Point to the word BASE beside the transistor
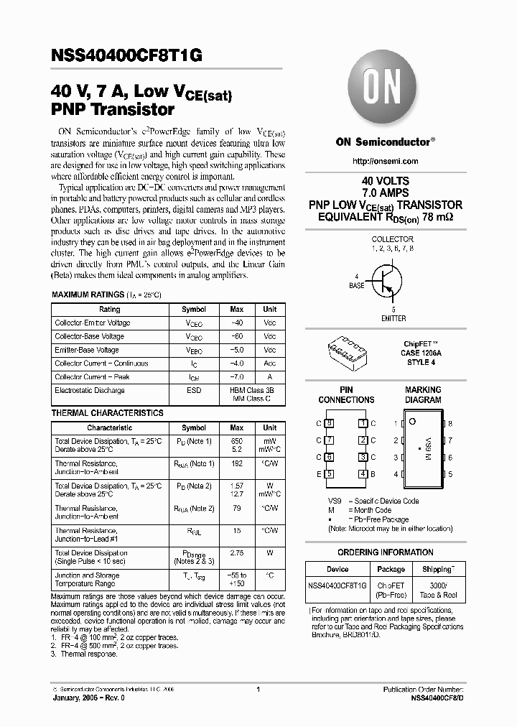tap(357, 286)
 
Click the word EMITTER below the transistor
tap(393, 318)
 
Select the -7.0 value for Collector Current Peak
tap(236, 377)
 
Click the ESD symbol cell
tap(194, 391)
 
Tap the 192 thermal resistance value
tap(236, 464)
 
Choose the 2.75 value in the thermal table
tap(236, 553)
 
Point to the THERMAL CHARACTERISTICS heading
tap(107, 414)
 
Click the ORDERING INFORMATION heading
tap(386, 552)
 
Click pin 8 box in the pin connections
tap(330, 424)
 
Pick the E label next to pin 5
tap(319, 474)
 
